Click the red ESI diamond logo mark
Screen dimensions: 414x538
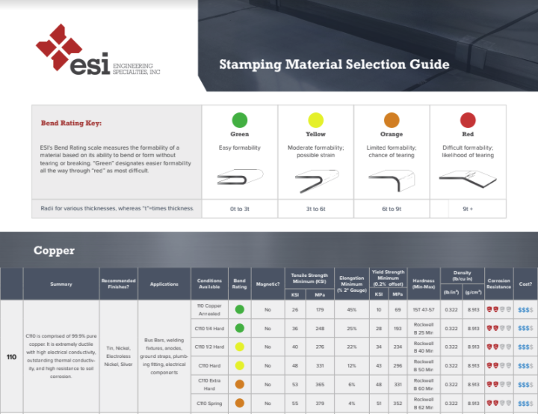(59, 47)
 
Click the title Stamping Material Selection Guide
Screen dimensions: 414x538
(334, 64)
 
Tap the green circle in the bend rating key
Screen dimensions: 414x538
(239, 120)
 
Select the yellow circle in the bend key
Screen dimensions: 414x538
(315, 120)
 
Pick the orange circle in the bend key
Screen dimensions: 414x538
(392, 120)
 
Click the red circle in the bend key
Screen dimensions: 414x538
(468, 120)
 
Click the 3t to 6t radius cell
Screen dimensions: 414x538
(315, 209)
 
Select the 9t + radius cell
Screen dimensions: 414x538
(468, 209)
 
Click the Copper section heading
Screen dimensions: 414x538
(54, 250)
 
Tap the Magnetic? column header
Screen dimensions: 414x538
(268, 284)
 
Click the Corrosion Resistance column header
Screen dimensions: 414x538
(498, 284)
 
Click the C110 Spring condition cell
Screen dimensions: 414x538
(209, 403)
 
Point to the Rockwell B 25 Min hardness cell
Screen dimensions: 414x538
(423, 328)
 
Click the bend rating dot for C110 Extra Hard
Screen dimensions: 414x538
(239, 384)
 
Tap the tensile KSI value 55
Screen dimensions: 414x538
(295, 403)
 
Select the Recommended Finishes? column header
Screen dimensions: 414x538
(118, 284)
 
